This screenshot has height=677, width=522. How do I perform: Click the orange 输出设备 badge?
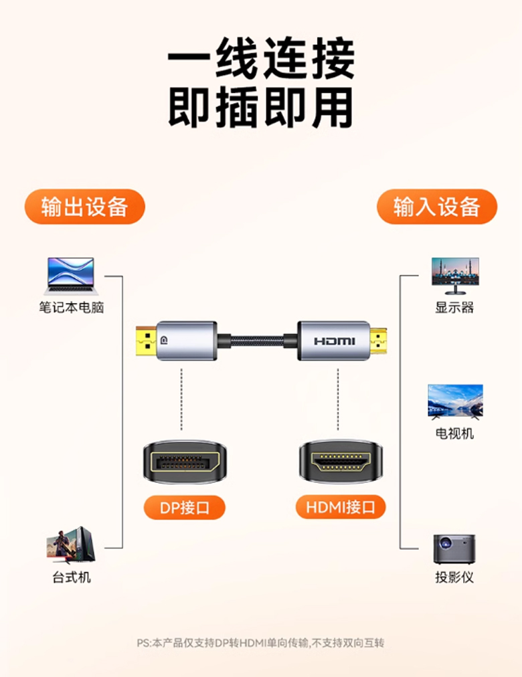(84, 207)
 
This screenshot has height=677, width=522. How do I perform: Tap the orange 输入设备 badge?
(437, 207)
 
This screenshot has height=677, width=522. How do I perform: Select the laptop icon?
(71, 276)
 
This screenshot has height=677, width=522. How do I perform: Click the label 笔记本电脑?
(71, 308)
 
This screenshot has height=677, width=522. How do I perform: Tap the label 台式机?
(71, 577)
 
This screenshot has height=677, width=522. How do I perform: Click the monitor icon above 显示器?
(455, 276)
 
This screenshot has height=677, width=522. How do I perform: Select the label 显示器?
(454, 308)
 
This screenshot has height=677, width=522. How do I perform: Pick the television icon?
(455, 402)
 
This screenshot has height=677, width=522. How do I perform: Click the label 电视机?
(454, 433)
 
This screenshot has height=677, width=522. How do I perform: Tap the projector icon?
(454, 549)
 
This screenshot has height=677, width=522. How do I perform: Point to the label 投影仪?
(454, 577)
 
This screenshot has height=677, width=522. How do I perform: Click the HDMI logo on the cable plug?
(335, 341)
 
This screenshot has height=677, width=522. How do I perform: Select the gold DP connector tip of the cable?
(147, 341)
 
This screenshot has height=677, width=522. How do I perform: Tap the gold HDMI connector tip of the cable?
(378, 341)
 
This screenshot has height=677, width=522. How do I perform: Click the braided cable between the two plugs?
(257, 341)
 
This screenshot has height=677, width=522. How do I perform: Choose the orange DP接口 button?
(184, 507)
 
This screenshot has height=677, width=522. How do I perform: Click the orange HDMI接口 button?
(341, 507)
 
